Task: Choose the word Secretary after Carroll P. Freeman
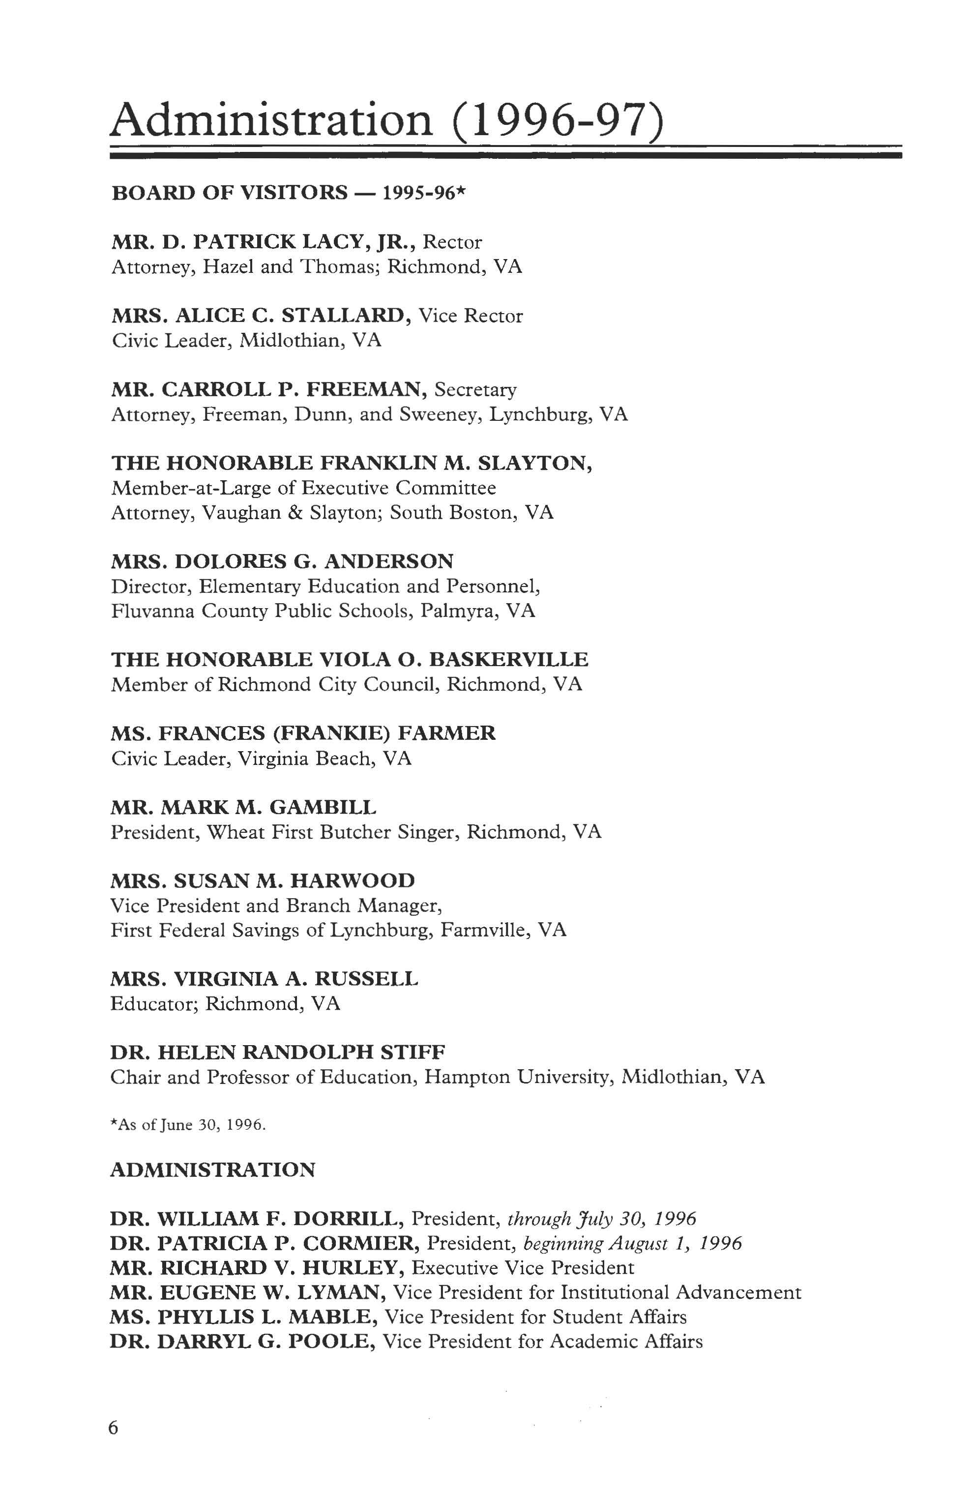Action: pyautogui.click(x=475, y=389)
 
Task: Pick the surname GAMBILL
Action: pyautogui.click(x=323, y=807)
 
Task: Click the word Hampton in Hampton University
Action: pyautogui.click(x=467, y=1078)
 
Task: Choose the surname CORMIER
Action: pyautogui.click(x=355, y=1243)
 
